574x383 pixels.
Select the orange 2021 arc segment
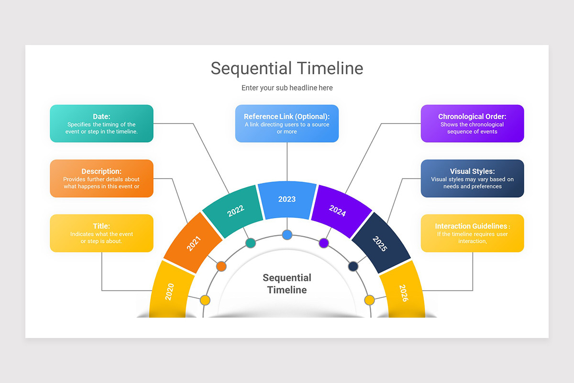coord(193,243)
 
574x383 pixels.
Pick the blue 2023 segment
coord(287,199)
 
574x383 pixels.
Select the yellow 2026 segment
coord(404,292)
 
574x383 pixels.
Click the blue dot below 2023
coord(287,235)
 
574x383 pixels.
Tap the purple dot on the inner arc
coord(324,243)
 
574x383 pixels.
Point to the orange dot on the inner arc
coord(221,266)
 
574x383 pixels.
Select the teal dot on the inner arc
coord(250,243)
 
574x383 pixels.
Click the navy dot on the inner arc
coord(353,266)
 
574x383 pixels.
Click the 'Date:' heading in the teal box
coord(101,116)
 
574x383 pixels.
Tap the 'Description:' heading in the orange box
coord(101,171)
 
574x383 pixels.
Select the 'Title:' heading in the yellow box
coord(101,226)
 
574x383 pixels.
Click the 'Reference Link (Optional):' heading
coord(287,116)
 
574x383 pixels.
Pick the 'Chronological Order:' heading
coord(472,116)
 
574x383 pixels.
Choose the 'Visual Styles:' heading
coord(472,171)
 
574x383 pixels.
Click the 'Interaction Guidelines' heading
coord(471,226)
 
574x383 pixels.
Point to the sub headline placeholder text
coord(287,88)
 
